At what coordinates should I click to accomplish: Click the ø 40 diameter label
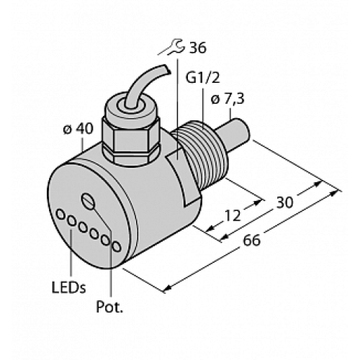77,130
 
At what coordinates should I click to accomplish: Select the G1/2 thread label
200,75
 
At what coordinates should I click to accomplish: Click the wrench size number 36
196,48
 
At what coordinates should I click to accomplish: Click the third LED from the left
84,228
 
